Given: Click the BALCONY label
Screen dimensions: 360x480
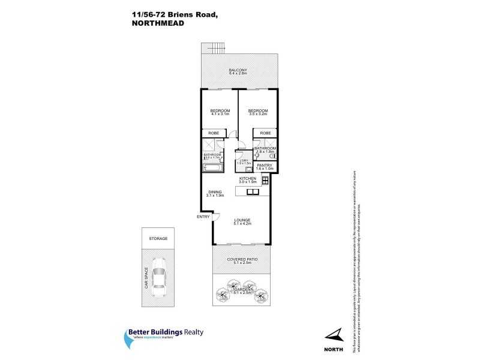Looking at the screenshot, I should click(238, 71).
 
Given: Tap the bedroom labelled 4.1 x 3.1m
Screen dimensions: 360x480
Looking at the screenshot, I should click(220, 111).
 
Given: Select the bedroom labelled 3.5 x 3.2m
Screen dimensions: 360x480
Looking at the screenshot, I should click(258, 111).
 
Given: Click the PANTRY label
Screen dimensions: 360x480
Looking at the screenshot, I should click(265, 165).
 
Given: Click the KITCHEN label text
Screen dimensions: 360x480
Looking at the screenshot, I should click(248, 179).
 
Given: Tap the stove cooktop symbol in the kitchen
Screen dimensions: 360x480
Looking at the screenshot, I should click(265, 180).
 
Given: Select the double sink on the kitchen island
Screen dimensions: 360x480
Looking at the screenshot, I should click(251, 192).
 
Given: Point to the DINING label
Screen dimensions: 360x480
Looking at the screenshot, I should click(215, 192).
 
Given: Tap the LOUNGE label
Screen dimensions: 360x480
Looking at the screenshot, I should click(242, 220).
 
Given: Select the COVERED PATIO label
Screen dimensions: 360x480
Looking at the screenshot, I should click(242, 260).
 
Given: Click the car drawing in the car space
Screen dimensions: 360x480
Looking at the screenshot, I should click(158, 277).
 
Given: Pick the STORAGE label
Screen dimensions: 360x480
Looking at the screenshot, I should click(158, 238).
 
